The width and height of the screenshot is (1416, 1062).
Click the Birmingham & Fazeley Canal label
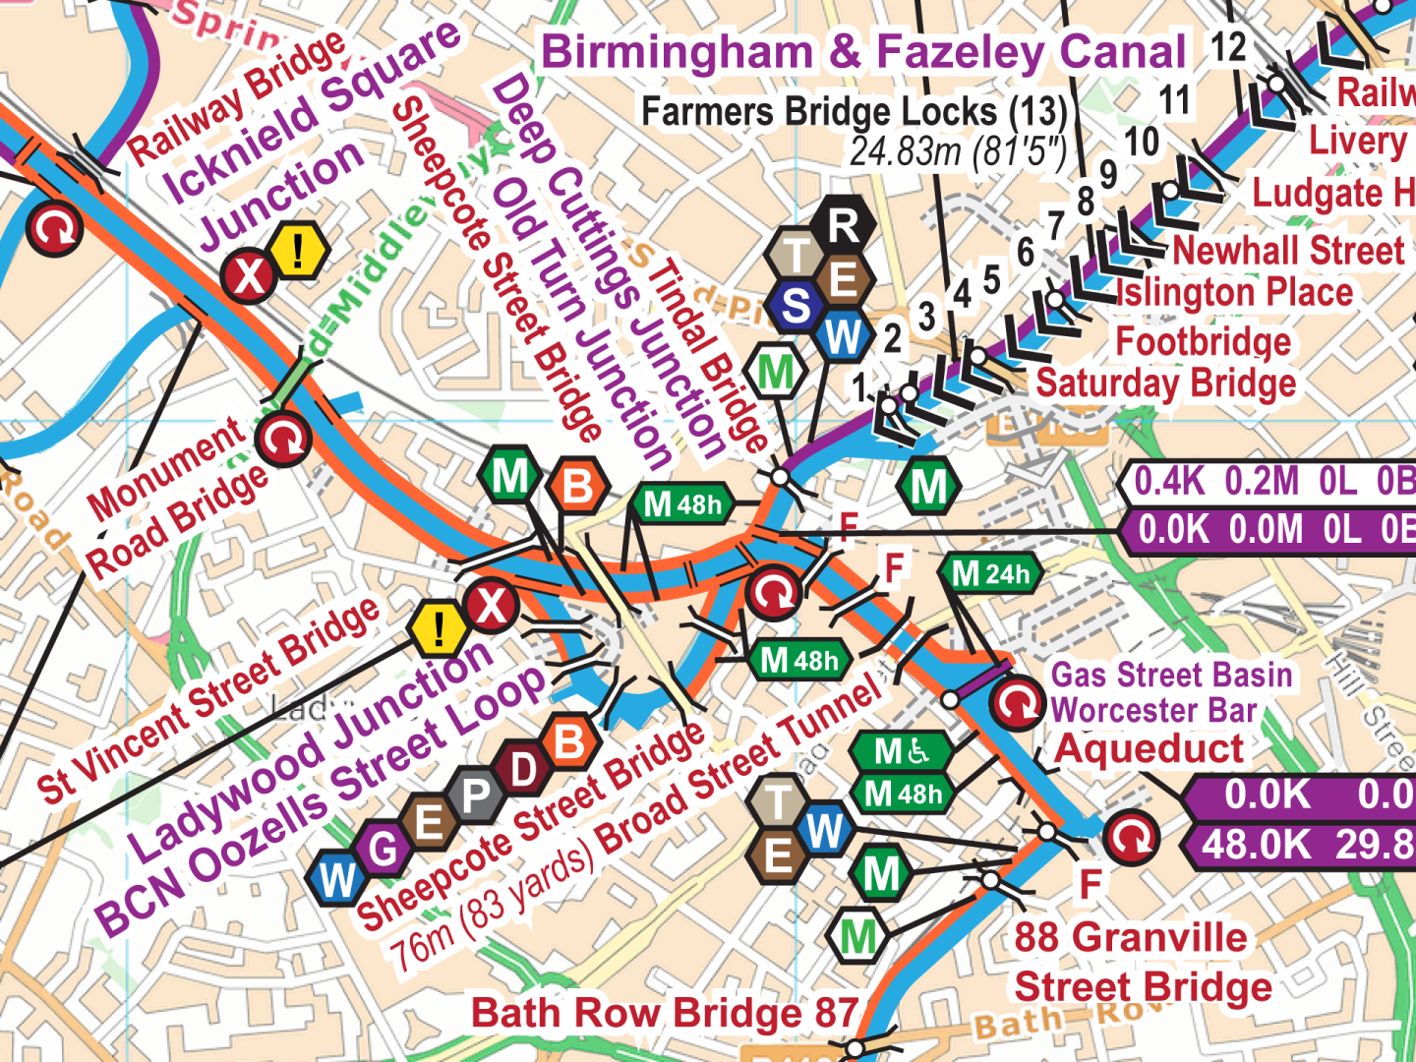(863, 52)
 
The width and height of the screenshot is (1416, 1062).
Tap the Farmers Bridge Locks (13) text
(854, 112)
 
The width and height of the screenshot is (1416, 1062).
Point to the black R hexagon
(843, 225)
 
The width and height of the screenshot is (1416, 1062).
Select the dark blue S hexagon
(796, 307)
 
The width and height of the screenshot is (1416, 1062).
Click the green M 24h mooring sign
(991, 573)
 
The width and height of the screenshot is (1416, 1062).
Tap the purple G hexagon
(383, 848)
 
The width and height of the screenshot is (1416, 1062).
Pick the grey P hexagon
(477, 794)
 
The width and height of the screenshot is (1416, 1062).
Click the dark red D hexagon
(524, 769)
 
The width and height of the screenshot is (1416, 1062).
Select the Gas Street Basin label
(1171, 676)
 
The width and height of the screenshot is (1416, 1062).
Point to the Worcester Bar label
(1153, 710)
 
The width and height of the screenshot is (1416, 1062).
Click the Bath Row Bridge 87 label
(665, 1013)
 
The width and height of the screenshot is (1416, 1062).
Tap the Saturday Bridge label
(1166, 383)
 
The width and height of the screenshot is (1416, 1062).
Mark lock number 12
(1228, 47)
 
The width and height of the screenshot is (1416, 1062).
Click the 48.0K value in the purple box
(1256, 845)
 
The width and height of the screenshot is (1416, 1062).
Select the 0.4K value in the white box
(1169, 482)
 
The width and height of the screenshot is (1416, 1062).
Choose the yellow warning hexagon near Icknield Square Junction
(298, 250)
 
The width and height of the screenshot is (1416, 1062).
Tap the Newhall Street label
(1288, 251)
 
